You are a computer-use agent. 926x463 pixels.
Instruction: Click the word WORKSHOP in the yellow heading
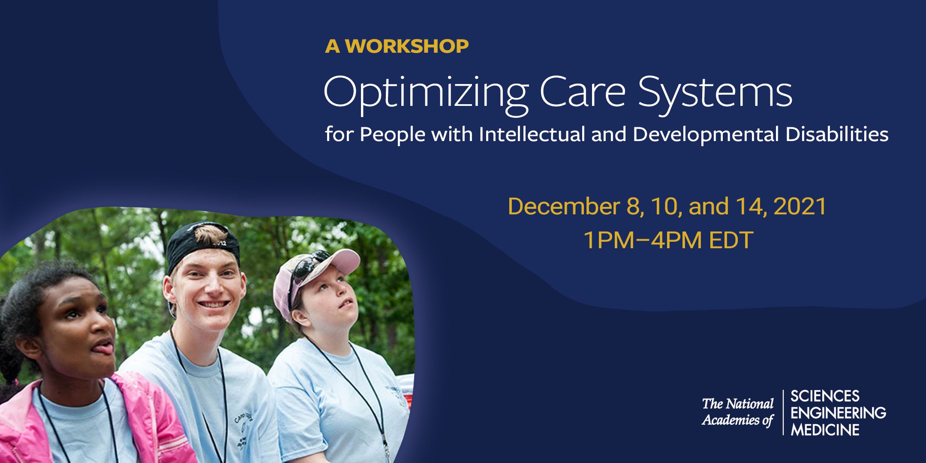coord(407,46)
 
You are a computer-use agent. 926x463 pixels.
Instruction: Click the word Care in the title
coord(583,92)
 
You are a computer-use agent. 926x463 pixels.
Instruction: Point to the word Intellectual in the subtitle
coord(532,134)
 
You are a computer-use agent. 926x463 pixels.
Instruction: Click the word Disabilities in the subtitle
coord(837,134)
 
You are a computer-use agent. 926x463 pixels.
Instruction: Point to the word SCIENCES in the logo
coord(825,396)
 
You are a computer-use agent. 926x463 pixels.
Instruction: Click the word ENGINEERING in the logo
coord(838,413)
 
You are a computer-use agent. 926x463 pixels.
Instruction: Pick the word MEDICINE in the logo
coord(825,430)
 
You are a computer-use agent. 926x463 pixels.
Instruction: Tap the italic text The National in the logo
coord(738,404)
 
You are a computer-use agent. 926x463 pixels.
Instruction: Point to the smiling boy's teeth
coord(213,304)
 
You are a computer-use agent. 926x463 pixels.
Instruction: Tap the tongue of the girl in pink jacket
coord(105,348)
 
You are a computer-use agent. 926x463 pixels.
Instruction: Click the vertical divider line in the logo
coord(783,412)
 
